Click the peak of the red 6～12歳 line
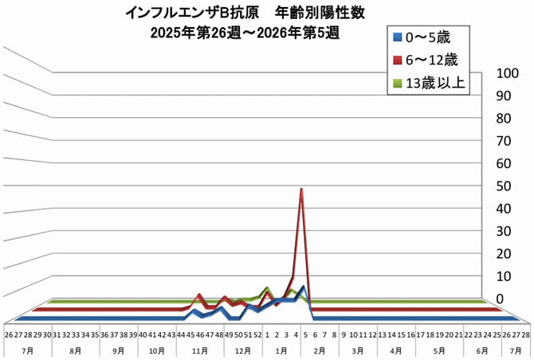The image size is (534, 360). (x=301, y=190)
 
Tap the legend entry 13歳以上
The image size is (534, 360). (x=430, y=82)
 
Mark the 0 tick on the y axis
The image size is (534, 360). (x=500, y=299)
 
